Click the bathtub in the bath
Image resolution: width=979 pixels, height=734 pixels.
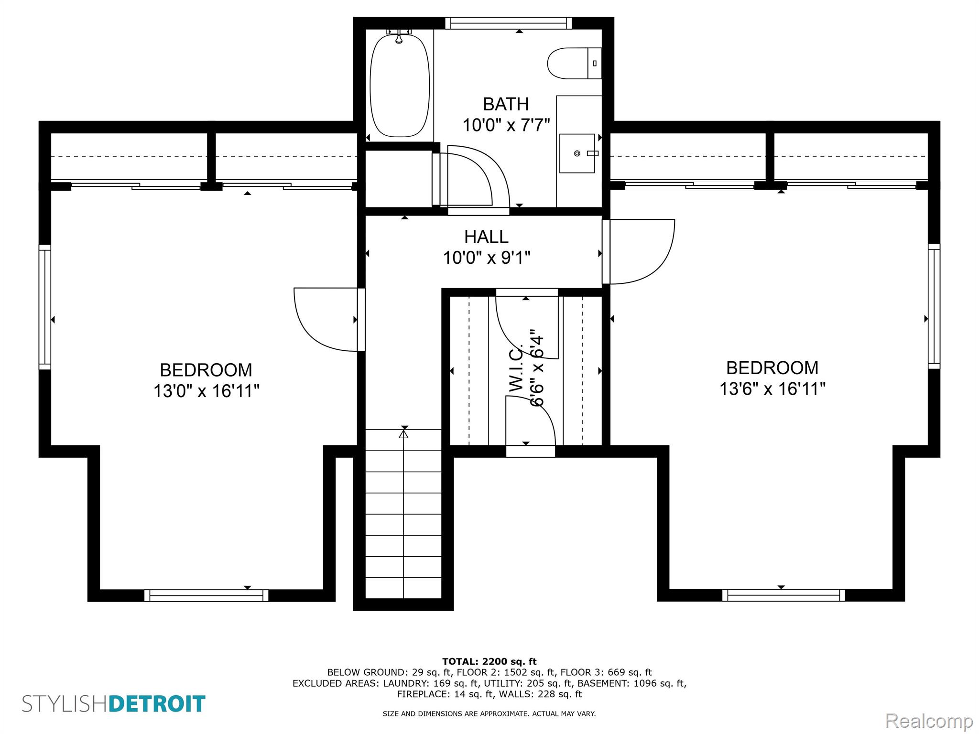point(400,85)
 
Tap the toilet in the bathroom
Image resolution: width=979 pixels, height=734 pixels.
point(574,63)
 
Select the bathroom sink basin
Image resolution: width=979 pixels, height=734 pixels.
point(577,153)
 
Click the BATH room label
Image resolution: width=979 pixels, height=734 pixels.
point(506,104)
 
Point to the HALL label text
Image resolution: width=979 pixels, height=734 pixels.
point(486,237)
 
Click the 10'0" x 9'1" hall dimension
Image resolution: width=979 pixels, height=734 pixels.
point(487,258)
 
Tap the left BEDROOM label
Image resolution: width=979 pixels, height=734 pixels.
point(206,370)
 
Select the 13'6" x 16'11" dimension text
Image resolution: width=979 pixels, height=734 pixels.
point(772,389)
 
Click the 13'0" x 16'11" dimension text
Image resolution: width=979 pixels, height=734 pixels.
point(206,391)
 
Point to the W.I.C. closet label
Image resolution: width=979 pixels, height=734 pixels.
point(516,369)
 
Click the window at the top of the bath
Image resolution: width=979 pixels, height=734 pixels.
point(509,23)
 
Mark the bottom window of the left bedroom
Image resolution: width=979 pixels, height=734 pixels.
point(206,595)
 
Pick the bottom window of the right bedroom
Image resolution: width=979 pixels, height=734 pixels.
point(783,595)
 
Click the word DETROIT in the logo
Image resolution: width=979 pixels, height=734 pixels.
point(157,704)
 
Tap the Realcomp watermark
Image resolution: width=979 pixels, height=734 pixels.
point(929,721)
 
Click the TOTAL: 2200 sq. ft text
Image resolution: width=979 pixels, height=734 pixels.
point(489,662)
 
